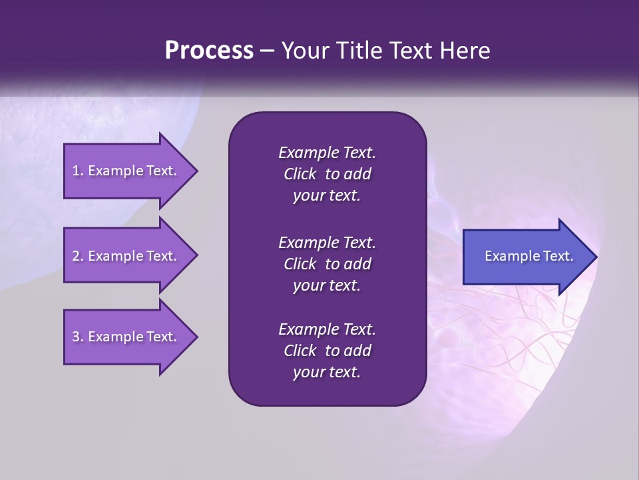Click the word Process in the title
coord(208,51)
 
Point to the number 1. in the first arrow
coord(78,171)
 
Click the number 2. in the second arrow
coord(78,256)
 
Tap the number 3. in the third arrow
coord(78,337)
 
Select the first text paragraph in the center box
coord(327,174)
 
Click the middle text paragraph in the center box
coord(327,263)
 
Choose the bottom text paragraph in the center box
coord(327,351)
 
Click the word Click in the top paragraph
coord(300,174)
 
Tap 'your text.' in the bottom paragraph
coord(327,373)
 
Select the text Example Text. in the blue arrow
coord(529,256)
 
